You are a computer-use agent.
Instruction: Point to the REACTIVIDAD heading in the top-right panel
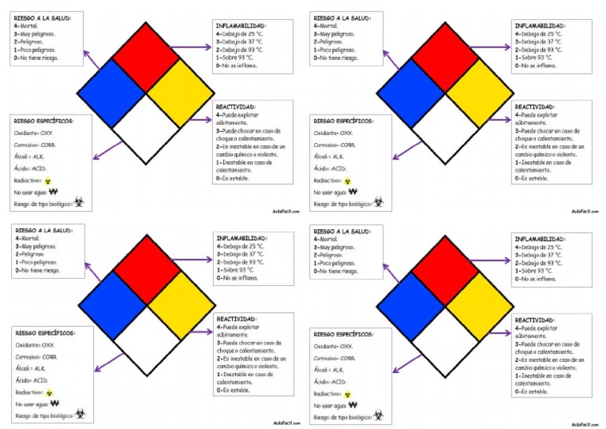pyautogui.click(x=534, y=106)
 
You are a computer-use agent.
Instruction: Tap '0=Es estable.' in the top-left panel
pyautogui.click(x=233, y=178)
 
